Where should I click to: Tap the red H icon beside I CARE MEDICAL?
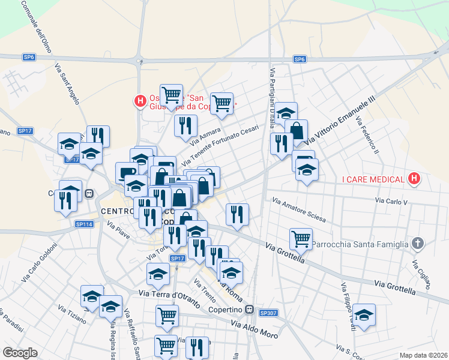pyautogui.click(x=413, y=178)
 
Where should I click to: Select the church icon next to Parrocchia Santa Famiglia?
pyautogui.click(x=418, y=244)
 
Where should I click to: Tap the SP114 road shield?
pyautogui.click(x=85, y=224)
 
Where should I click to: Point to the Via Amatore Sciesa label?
pyautogui.click(x=298, y=208)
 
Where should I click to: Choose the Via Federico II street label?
pyautogui.click(x=367, y=135)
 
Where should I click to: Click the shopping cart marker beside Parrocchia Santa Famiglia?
pyautogui.click(x=301, y=239)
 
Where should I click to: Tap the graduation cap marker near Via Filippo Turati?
pyautogui.click(x=364, y=314)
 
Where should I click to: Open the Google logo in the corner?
pyautogui.click(x=20, y=353)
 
